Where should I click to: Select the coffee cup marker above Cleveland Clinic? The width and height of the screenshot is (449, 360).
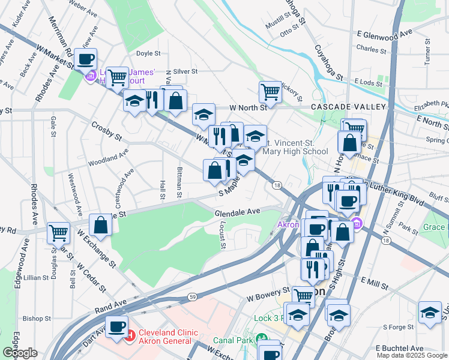pos(116,326)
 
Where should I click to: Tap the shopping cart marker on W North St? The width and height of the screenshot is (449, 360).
pos(270,92)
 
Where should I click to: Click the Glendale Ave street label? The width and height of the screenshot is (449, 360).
pos(237,211)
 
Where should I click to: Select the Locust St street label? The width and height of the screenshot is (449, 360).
pos(222,236)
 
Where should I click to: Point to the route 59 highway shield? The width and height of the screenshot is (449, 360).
pos(192,296)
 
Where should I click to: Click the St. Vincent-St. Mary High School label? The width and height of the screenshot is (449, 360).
pos(297,147)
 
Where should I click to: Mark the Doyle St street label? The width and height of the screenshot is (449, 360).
pos(147,53)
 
